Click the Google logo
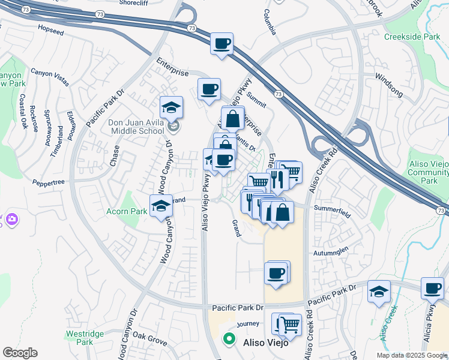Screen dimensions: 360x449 pos(20,353)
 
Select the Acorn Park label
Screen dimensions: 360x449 pos(127,211)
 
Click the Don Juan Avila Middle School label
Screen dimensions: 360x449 pos(136,127)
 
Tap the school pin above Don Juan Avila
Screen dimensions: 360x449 pos(172,107)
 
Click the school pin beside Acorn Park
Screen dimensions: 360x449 pos(161,206)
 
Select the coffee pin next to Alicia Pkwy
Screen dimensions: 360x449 pos(432,288)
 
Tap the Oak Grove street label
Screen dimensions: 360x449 pos(149,338)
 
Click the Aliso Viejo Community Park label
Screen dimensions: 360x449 pos(427,172)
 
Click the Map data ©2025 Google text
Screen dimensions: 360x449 pos(412,355)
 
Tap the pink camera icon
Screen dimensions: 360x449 pos(11,220)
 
